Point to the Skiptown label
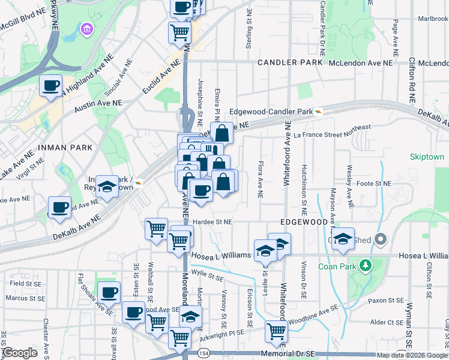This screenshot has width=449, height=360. point(426,157)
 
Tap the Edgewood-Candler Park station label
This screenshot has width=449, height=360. point(272,112)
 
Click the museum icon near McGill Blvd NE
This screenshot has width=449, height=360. point(87,29)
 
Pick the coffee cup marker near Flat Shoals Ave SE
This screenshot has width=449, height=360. point(109,292)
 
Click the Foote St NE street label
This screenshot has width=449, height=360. point(373,184)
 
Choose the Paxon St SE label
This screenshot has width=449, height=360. point(385,300)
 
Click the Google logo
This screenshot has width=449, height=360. point(20,353)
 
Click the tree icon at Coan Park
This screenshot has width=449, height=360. point(367,264)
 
